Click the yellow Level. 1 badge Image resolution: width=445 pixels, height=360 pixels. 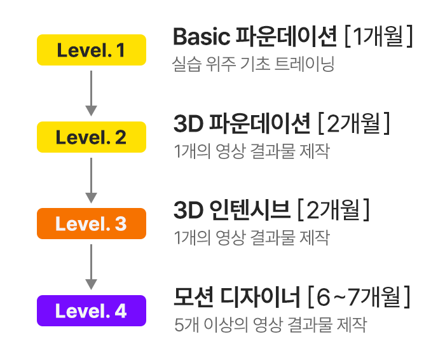92,50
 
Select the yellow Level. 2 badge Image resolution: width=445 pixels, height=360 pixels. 92,137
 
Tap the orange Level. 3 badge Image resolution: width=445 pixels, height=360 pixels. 92,224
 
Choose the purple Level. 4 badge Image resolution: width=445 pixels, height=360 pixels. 92,311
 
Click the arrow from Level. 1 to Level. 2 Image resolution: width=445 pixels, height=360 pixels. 92,93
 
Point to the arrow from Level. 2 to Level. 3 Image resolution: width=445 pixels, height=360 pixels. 92,180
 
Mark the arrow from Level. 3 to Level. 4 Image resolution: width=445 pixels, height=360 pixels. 92,267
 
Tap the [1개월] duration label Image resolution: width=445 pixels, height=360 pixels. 378,38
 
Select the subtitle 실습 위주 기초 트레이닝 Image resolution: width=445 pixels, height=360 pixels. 253,65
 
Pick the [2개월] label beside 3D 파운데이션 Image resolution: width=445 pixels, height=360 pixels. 353,123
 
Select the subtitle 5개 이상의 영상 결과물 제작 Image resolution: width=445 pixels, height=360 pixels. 270,325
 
